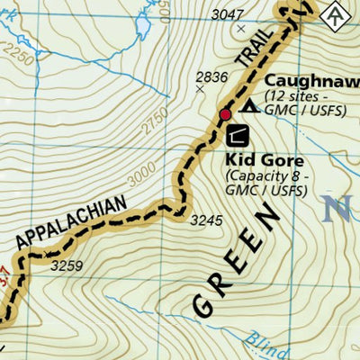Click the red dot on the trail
(x=225, y=114)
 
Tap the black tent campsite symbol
(x=248, y=106)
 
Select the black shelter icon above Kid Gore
(x=237, y=136)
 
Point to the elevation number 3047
(x=227, y=15)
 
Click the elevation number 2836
(x=212, y=76)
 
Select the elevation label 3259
(x=66, y=265)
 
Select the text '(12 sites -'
(x=298, y=95)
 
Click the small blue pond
(x=142, y=28)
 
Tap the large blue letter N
(x=337, y=210)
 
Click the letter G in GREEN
(x=204, y=302)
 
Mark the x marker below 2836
(x=200, y=88)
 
